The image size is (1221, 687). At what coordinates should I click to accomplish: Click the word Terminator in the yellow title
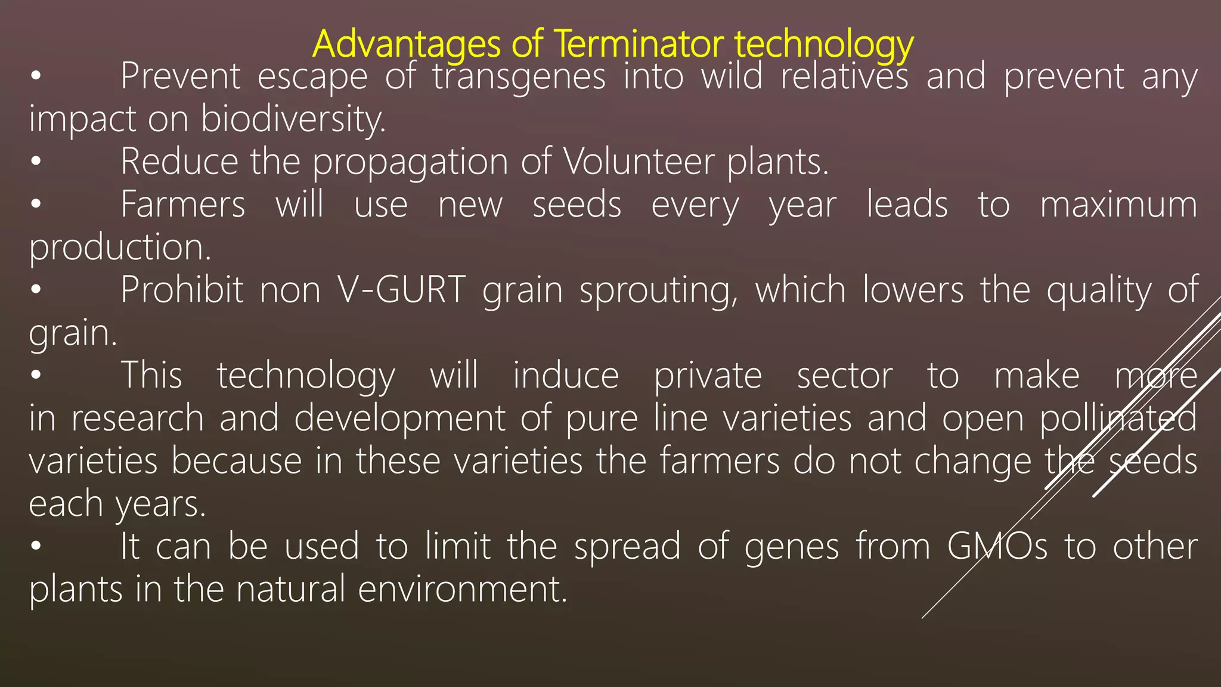click(639, 44)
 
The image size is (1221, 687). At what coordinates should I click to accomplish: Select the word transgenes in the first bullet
click(519, 78)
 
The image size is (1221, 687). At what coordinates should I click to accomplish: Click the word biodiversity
click(293, 119)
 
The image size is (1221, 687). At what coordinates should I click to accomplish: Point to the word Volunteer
click(639, 162)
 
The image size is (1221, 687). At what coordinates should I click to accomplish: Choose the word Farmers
click(182, 205)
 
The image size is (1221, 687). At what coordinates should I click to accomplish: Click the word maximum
click(1118, 205)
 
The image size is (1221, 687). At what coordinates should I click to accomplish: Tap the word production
click(120, 248)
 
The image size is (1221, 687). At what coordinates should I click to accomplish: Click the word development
click(399, 419)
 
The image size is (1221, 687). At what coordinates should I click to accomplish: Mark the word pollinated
click(1118, 419)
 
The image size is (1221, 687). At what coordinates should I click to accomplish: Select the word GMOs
click(997, 546)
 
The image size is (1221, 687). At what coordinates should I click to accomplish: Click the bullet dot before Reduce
click(36, 162)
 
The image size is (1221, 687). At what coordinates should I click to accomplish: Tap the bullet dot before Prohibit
click(36, 290)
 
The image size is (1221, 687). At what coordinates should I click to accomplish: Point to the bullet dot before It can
click(36, 546)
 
